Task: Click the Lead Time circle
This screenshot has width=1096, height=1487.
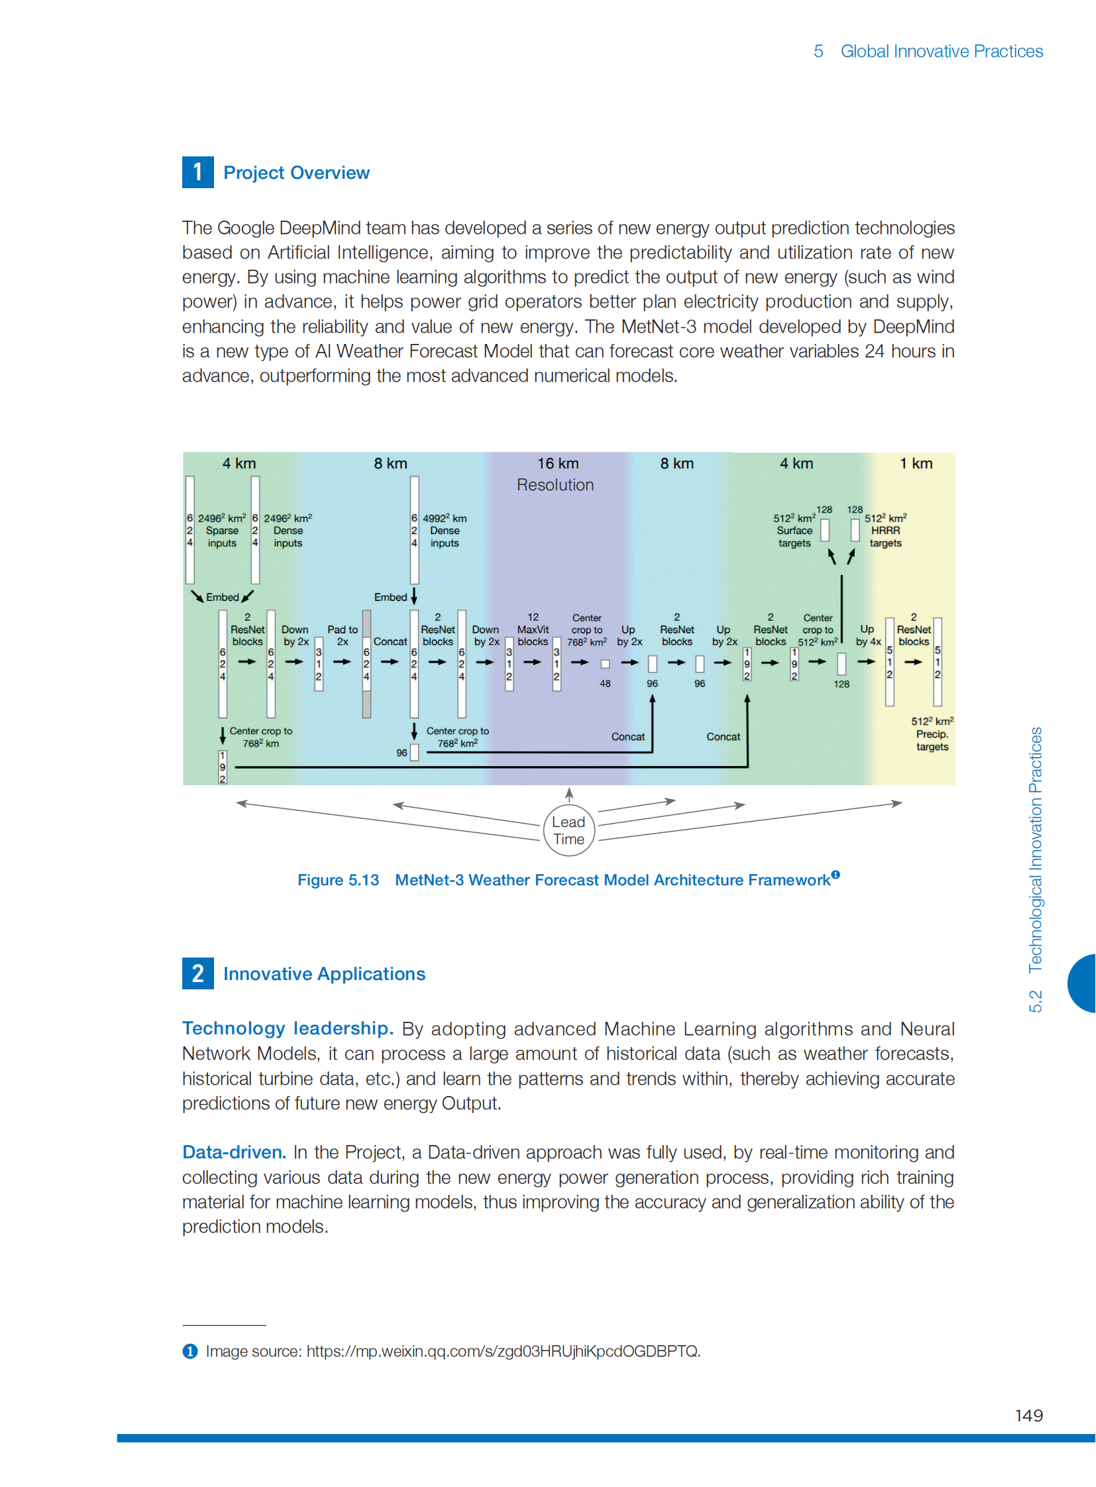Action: [569, 830]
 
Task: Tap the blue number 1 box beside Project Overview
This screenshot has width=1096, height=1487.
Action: [197, 172]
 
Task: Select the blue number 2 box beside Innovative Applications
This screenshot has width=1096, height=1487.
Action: [197, 973]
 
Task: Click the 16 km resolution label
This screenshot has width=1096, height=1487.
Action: [557, 463]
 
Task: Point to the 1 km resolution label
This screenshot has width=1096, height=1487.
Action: [916, 463]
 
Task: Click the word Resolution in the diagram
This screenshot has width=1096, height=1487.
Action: [555, 485]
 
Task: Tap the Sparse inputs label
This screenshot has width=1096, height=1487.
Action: [221, 536]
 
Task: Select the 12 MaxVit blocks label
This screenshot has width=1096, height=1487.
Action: [533, 629]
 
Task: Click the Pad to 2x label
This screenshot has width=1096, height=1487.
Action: [343, 635]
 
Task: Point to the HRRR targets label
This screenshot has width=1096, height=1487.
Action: [885, 536]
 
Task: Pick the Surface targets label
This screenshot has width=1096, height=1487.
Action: [794, 536]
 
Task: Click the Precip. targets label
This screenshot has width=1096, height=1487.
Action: [932, 740]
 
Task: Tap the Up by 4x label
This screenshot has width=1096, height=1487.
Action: [868, 635]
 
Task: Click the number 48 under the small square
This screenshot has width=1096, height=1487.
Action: [605, 683]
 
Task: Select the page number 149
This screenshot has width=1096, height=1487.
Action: [1028, 1415]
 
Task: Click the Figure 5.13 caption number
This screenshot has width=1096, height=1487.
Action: [339, 880]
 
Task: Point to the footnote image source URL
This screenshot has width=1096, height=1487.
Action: [503, 1351]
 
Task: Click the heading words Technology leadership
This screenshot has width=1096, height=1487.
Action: [288, 1028]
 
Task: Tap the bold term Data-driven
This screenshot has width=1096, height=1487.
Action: [234, 1152]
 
